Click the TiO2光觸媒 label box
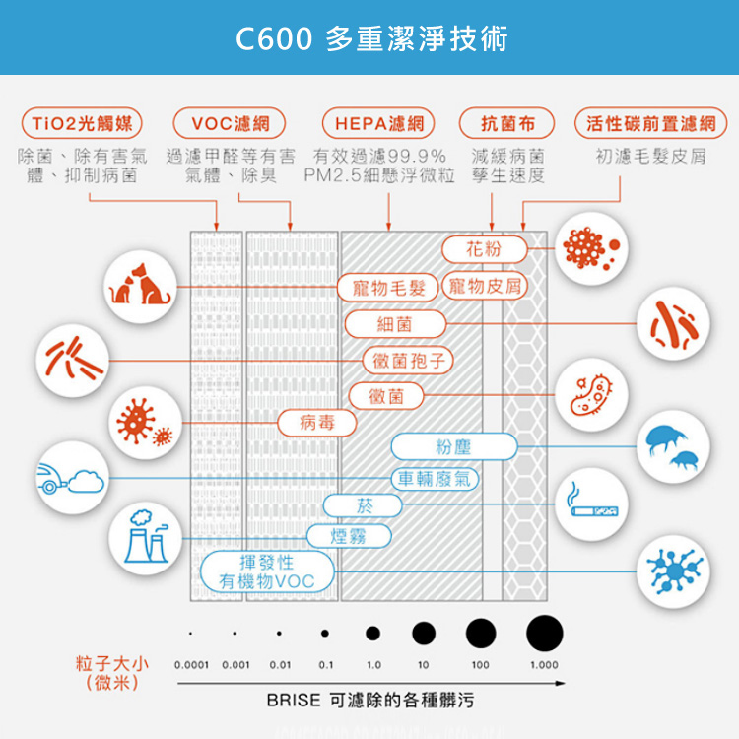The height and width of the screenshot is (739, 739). coord(82,124)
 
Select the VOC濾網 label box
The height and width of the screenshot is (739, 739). coord(230,124)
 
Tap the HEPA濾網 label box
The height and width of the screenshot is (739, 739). coord(378,124)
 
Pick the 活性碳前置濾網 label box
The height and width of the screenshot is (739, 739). coord(650,124)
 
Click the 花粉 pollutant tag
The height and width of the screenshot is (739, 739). coord(484,249)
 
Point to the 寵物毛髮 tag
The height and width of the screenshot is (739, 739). coord(387,288)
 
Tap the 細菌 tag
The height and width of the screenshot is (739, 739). coord(395,323)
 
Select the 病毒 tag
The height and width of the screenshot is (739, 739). coord(316,423)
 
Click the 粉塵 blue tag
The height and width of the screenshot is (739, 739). coord(453,447)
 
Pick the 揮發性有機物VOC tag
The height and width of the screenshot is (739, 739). coord(266,572)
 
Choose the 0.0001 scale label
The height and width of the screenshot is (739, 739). coord(191,665)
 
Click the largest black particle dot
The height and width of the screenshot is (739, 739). coord(545,632)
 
